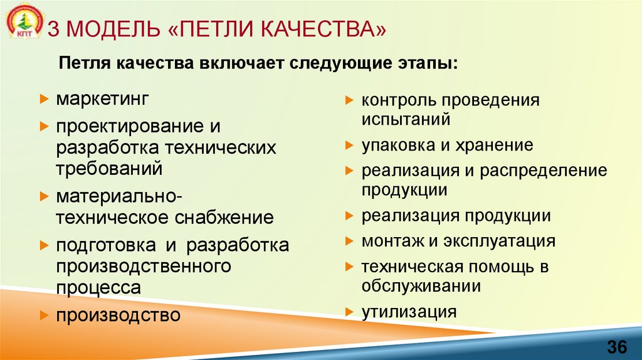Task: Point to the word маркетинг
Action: coord(102,100)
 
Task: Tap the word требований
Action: coord(109,168)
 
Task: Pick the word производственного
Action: coord(144,266)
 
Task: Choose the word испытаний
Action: coord(406,119)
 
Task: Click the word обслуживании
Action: coord(421,286)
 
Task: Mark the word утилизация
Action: coord(408,311)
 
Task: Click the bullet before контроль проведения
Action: coord(349,100)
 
